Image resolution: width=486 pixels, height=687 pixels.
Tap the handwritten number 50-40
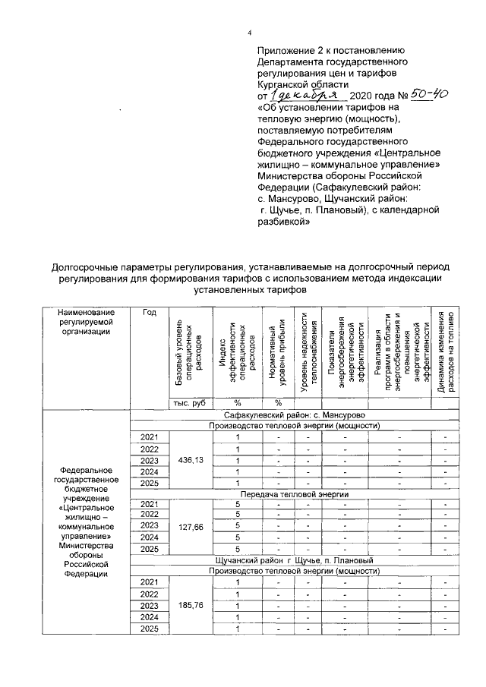(429, 96)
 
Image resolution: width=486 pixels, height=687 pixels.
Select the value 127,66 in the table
(189, 526)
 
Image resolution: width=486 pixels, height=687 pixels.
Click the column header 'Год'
(150, 314)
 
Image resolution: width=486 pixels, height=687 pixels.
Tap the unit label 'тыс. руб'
(189, 402)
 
